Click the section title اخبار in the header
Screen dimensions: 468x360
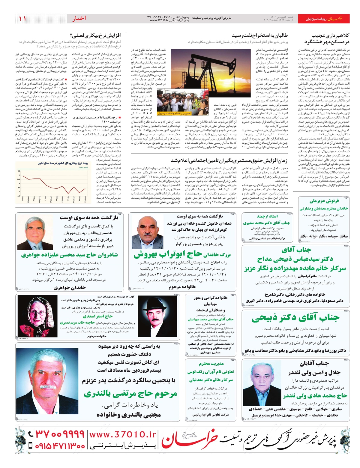tap(79, 19)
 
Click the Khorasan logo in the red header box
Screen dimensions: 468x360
tap(334, 19)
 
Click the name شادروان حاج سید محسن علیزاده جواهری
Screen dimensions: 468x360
tap(69, 255)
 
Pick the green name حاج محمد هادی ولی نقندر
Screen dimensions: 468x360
tap(315, 396)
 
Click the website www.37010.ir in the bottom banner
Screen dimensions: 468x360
tap(123, 434)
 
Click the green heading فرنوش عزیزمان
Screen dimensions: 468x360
tap(324, 201)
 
